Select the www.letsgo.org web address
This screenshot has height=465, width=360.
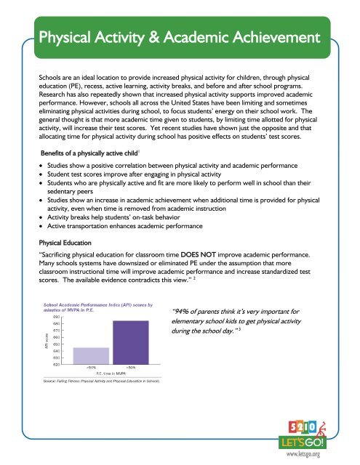click(316, 453)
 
